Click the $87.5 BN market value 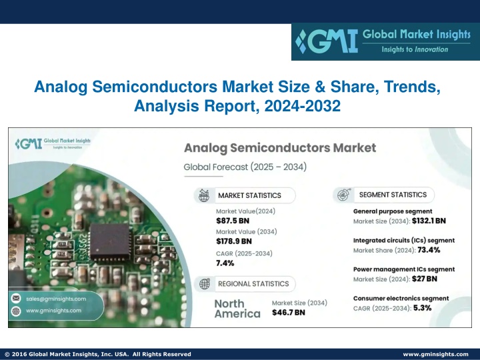pos(233,221)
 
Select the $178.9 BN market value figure pos(234,241)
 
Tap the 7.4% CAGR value pos(225,263)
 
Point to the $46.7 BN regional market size pos(289,313)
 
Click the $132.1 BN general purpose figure pos(429,221)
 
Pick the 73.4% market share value pos(429,250)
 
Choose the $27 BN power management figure pos(425,279)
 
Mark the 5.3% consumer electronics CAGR pos(423,307)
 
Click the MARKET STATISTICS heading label pos(249,195)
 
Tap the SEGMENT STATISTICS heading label pos(393,195)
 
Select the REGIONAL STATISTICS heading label pos(253,284)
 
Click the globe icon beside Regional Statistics pos(205,284)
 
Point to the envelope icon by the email pos(16,298)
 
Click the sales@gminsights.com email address pos(56,299)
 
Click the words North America pos(237,309)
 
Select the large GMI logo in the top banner pos(326,41)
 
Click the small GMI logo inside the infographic pos(29,143)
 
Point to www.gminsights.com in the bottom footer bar pos(435,354)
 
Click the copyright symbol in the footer pos(7,354)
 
